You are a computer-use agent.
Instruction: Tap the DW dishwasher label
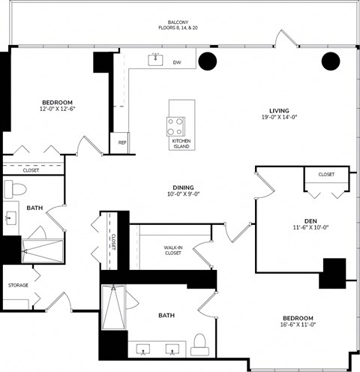click(177, 62)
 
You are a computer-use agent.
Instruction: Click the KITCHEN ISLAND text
click(181, 143)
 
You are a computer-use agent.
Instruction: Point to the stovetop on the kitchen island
click(178, 124)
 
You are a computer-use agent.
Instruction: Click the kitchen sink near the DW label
click(155, 59)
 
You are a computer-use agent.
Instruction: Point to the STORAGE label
click(18, 285)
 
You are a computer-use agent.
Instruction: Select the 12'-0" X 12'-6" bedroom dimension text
click(57, 109)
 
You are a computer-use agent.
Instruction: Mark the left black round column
click(207, 61)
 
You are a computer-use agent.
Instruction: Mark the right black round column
click(331, 62)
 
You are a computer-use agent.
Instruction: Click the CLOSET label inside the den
click(326, 175)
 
